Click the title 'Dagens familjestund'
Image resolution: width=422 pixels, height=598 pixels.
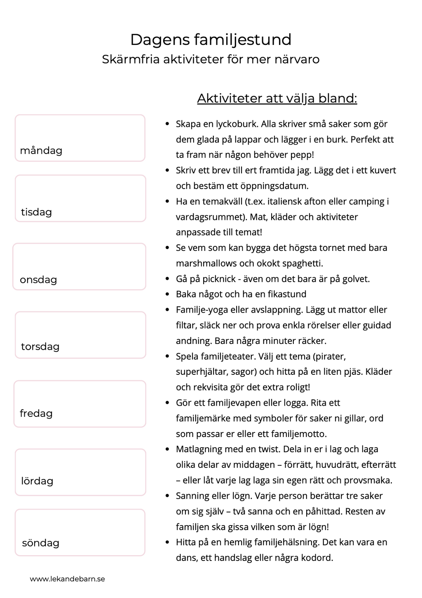coord(211,40)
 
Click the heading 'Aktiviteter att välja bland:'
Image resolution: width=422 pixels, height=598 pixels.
coord(277,98)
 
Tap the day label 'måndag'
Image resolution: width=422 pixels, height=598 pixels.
coord(41,150)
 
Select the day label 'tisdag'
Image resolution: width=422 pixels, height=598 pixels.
coord(36,212)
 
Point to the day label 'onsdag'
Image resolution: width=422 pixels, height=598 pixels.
coord(38,280)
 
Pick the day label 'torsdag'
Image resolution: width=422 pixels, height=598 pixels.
coord(40,346)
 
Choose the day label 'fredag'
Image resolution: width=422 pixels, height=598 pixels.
coord(36,413)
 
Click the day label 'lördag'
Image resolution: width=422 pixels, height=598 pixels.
coord(37,481)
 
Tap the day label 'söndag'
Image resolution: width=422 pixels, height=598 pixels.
coord(40,543)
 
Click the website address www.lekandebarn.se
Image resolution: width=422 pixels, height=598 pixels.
coord(68,579)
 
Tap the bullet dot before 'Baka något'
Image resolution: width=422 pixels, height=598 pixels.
coord(167,294)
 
